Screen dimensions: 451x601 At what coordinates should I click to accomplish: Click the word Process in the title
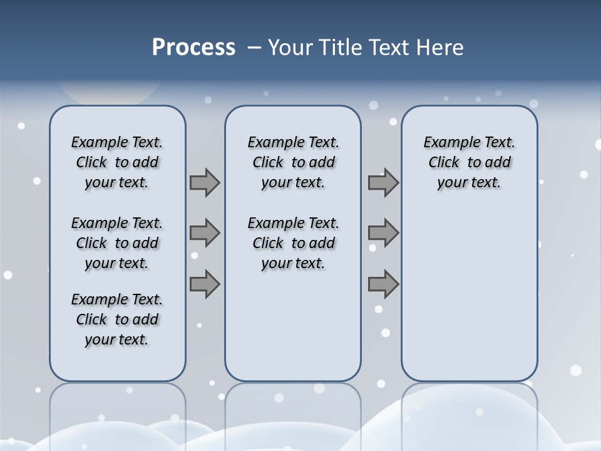[193, 48]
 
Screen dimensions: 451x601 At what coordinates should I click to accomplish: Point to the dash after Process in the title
[254, 48]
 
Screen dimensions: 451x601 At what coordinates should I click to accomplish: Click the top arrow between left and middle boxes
[205, 182]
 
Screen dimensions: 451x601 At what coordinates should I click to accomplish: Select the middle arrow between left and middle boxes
[205, 233]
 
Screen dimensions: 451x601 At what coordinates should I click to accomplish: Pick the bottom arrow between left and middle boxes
[205, 284]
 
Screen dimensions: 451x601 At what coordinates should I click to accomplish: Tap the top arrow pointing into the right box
[383, 182]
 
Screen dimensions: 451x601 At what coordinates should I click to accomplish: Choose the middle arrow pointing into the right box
[383, 233]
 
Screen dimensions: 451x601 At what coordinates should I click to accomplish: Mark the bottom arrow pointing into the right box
[383, 284]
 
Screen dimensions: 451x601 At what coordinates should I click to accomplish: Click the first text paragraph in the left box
[117, 162]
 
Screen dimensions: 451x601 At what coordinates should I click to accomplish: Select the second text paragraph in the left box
[117, 243]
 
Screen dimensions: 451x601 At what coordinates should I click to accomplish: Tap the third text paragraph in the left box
[117, 319]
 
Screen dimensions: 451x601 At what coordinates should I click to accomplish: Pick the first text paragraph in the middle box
[293, 162]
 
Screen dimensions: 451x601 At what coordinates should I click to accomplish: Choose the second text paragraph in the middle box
[293, 243]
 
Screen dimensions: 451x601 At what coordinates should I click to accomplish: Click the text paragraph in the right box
[469, 162]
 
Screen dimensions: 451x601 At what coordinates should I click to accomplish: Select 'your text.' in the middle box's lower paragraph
[293, 264]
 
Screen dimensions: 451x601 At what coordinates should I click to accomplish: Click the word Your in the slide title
[290, 48]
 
